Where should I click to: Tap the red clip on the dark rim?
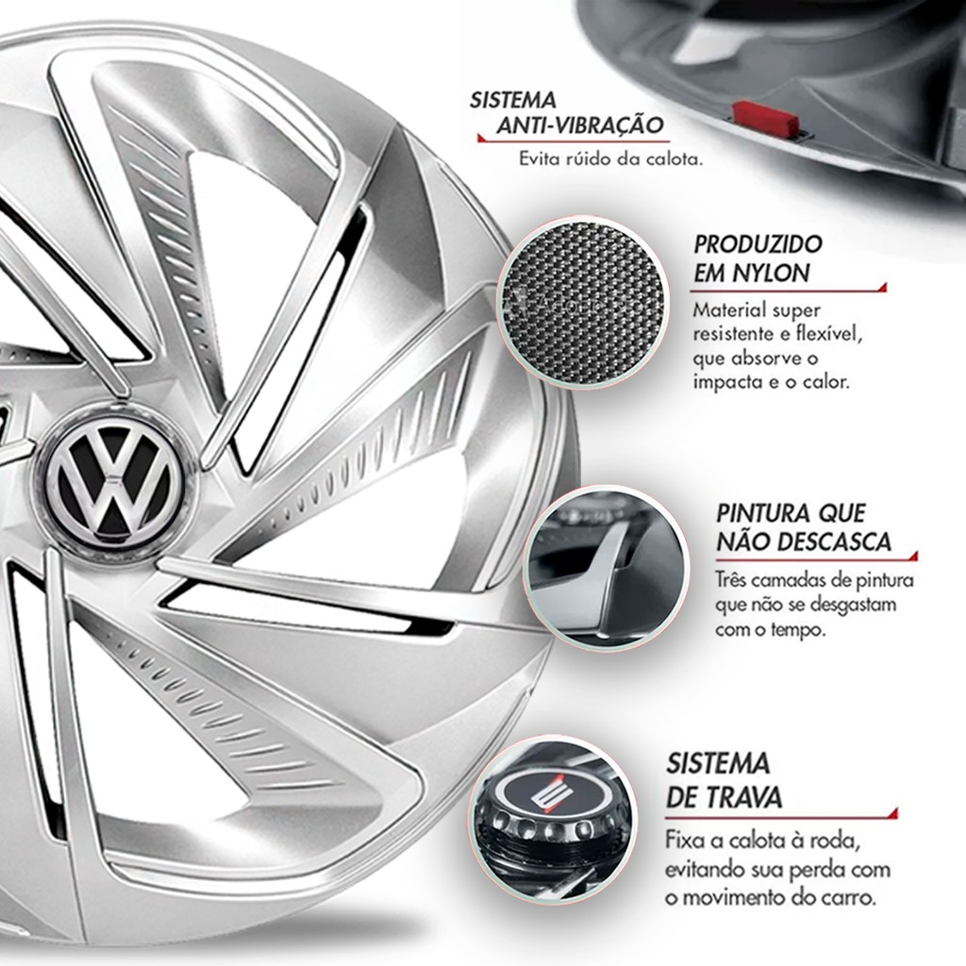pos(766,118)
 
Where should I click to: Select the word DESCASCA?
pos(833,542)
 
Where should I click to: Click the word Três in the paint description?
pos(734,581)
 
